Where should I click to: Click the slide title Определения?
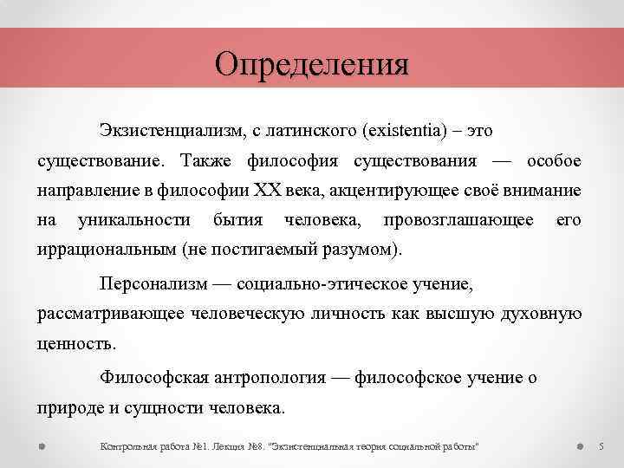pyautogui.click(x=311, y=63)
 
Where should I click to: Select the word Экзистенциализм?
pyautogui.click(x=171, y=130)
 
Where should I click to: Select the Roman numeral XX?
pyautogui.click(x=265, y=190)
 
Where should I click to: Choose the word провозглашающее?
pyautogui.click(x=458, y=220)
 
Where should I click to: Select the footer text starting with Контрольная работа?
pyautogui.click(x=290, y=445)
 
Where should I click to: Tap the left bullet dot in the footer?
pyautogui.click(x=42, y=445)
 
